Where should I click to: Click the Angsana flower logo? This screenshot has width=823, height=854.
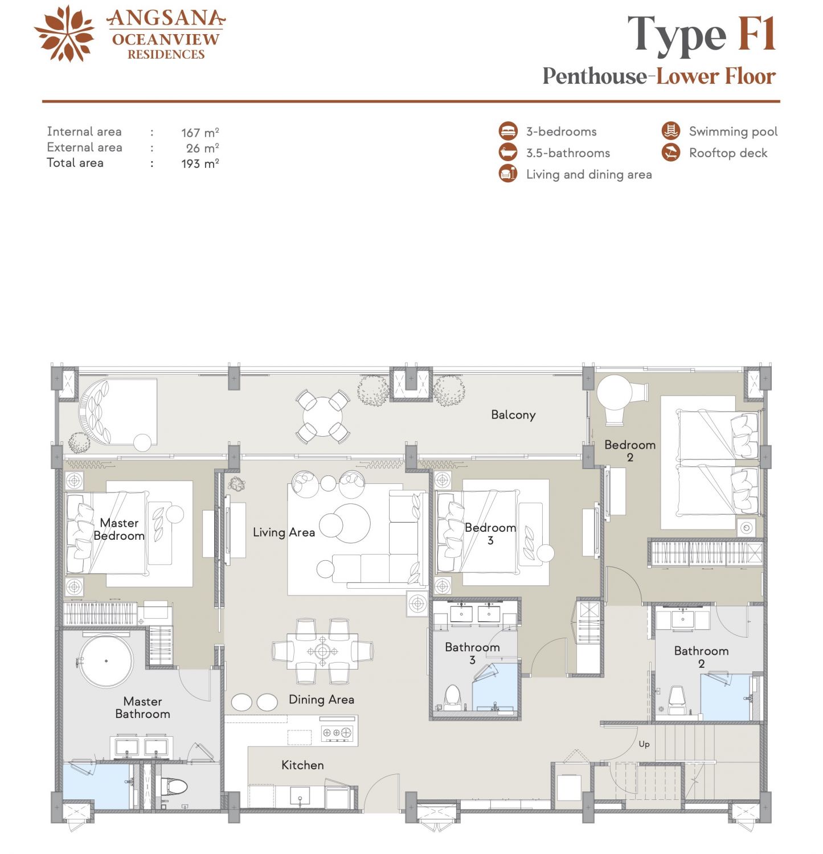(64, 34)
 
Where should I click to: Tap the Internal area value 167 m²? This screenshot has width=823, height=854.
(200, 133)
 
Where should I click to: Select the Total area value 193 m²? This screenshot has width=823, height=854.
(200, 163)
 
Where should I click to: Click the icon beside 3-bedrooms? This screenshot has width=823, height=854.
(508, 131)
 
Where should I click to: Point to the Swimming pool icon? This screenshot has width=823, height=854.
(671, 131)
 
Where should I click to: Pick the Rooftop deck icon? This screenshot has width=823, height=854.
(671, 153)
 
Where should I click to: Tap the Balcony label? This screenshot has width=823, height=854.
(513, 415)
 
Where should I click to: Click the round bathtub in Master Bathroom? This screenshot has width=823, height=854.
(106, 662)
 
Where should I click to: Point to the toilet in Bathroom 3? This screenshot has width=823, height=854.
(452, 696)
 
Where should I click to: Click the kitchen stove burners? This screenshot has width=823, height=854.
(337, 733)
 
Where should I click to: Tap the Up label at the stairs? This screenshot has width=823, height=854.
(644, 744)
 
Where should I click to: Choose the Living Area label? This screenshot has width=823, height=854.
(284, 532)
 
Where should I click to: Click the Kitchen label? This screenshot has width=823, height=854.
(302, 765)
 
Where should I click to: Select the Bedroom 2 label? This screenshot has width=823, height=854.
(630, 450)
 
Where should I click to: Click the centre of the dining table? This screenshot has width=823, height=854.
(322, 651)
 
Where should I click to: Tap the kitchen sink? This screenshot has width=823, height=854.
(300, 796)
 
